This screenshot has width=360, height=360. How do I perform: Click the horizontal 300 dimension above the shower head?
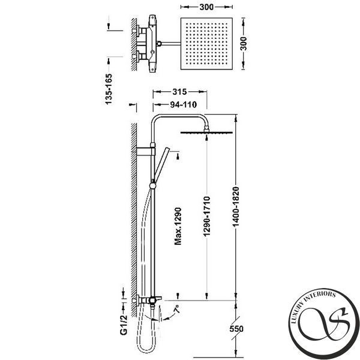tap(206, 7)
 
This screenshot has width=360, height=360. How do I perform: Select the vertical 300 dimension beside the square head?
tap(244, 44)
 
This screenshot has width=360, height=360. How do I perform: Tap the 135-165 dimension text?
tap(109, 89)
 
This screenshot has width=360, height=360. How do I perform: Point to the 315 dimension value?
tap(179, 92)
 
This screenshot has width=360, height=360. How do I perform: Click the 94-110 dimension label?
tap(184, 104)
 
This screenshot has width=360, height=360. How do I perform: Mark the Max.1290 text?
tap(178, 226)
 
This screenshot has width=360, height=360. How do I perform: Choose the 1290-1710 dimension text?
tap(207, 217)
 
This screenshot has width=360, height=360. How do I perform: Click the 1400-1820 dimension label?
tap(236, 207)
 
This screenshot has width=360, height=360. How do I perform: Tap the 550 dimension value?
tap(236, 329)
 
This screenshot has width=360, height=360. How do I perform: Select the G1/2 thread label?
tap(124, 325)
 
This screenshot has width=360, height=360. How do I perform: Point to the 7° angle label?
tap(177, 309)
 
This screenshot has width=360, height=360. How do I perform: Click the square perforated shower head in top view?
tap(206, 44)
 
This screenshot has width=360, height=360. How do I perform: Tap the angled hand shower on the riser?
tap(162, 165)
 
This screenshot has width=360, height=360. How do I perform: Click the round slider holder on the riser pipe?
tap(152, 186)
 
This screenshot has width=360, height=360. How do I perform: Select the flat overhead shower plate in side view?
tap(206, 133)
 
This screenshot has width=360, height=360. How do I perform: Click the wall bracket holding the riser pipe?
tap(146, 152)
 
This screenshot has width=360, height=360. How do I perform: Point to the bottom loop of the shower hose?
tap(148, 349)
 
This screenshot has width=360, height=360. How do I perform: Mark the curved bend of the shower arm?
tap(204, 119)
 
